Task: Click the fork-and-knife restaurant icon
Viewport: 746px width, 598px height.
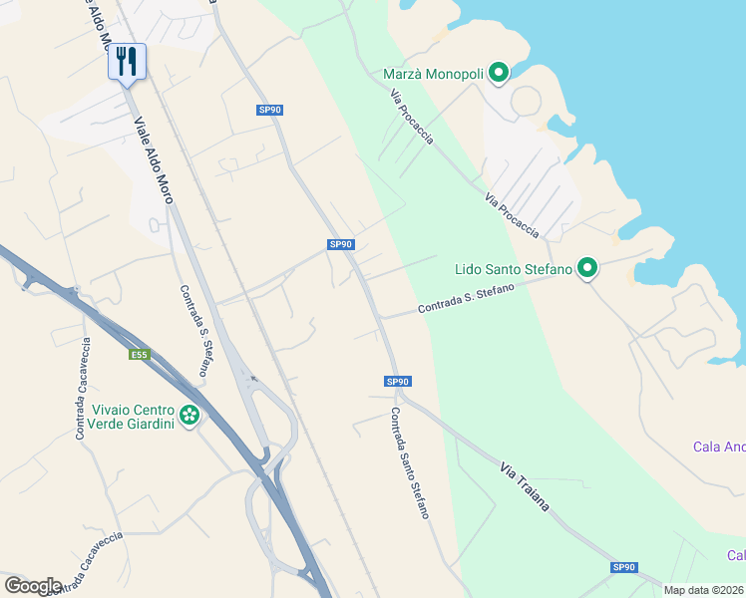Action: point(127,62)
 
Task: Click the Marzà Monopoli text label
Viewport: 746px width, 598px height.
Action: point(434,74)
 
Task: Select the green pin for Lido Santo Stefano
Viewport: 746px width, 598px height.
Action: point(588,268)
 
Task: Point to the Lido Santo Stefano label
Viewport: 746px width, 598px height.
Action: point(513,269)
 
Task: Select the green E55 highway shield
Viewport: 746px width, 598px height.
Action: point(139,354)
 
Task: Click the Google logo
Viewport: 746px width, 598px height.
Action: point(33,585)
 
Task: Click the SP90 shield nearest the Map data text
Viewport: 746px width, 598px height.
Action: point(623,567)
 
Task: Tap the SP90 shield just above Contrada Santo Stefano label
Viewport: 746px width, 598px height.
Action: point(397,382)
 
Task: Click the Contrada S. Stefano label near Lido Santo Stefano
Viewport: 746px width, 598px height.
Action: point(466,298)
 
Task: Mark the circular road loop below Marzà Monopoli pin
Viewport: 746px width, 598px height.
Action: point(526,100)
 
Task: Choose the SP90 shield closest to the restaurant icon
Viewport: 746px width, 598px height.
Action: point(269,110)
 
